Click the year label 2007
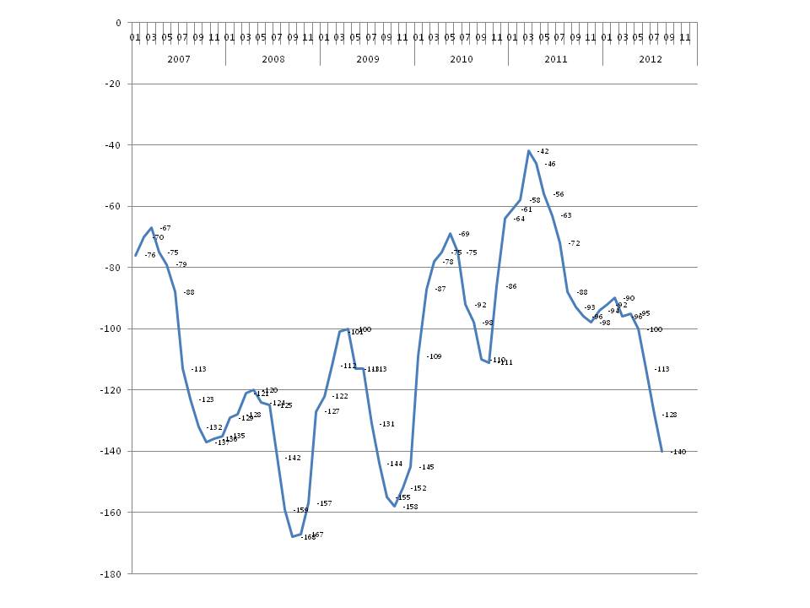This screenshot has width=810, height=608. (178, 60)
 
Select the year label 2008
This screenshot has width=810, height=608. (273, 60)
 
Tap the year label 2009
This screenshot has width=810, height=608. (367, 60)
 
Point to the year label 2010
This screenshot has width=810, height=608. (461, 60)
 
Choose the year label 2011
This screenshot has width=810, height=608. (555, 60)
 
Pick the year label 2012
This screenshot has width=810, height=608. (650, 60)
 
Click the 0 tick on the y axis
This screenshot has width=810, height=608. (118, 24)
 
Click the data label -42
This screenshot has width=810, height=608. (543, 151)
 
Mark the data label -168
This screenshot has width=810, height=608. (308, 537)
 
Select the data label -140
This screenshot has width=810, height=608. (678, 452)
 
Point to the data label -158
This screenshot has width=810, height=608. (410, 507)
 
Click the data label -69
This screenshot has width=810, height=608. (464, 234)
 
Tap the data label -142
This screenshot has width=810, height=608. (293, 458)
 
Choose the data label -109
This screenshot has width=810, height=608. (434, 356)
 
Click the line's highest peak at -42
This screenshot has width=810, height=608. (528, 151)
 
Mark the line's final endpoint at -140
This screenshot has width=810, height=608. (661, 451)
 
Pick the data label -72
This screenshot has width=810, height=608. (574, 243)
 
